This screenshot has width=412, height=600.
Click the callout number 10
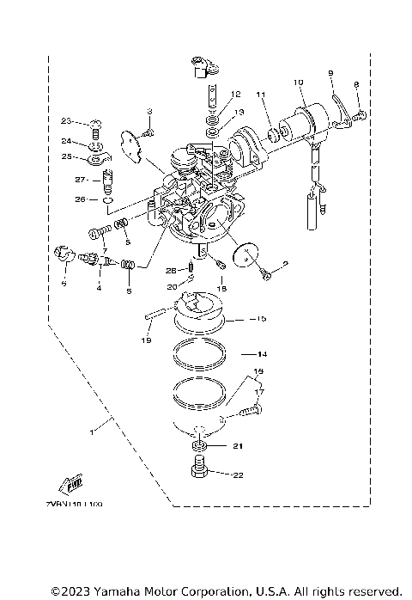click(x=299, y=83)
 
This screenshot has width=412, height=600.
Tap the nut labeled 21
click(x=199, y=448)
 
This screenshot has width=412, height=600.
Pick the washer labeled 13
click(x=210, y=134)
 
